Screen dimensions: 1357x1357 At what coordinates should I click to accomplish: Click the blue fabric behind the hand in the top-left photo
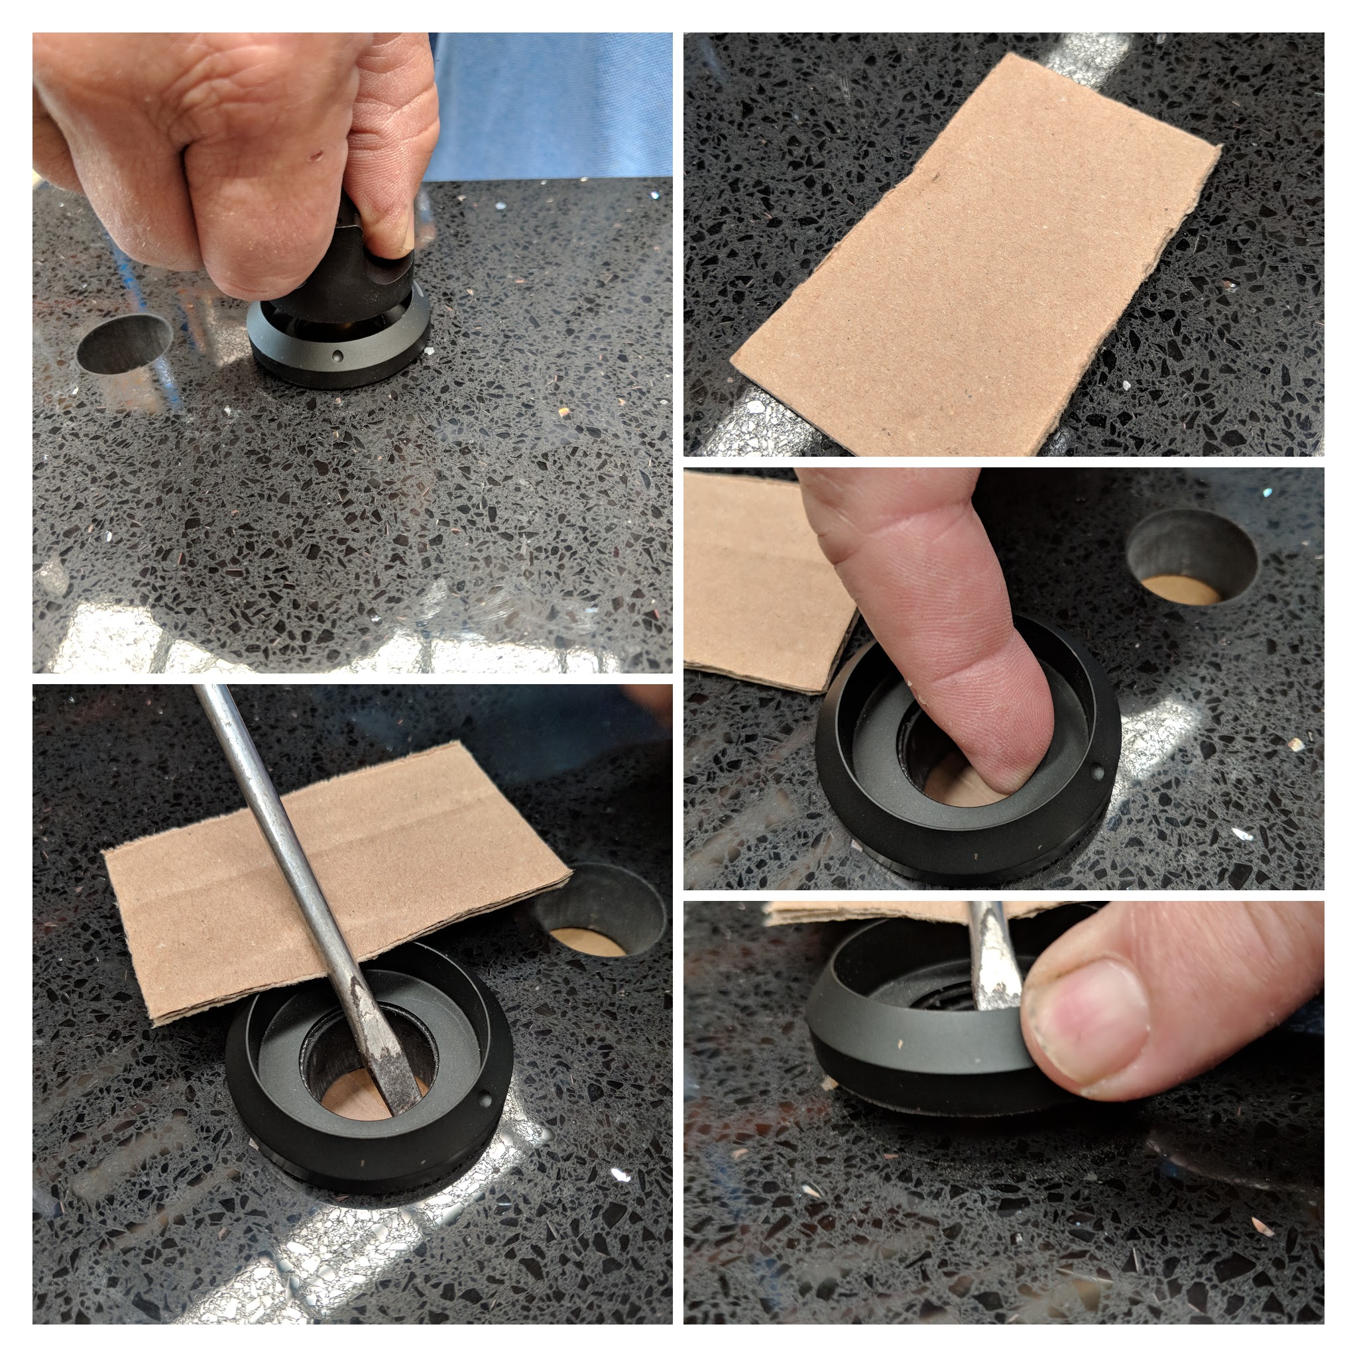click(x=548, y=105)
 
